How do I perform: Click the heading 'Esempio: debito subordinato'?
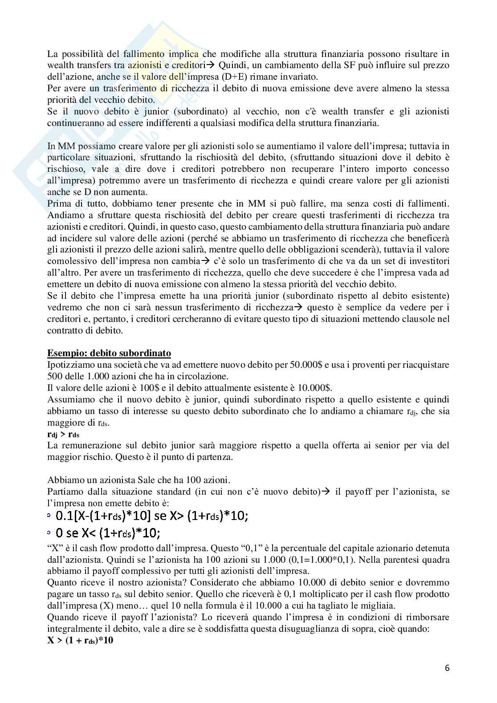(x=109, y=353)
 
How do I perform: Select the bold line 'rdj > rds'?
(x=63, y=434)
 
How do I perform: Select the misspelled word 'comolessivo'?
(x=73, y=260)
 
